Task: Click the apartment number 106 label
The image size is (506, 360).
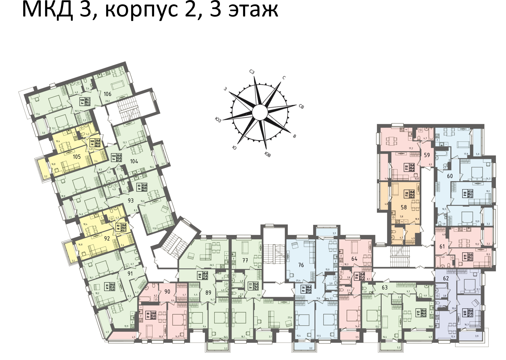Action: point(108,94)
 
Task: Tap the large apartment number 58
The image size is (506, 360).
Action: point(404,207)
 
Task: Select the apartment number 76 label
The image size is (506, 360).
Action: point(301,265)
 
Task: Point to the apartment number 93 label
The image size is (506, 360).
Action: point(131,201)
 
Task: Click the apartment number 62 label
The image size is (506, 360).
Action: point(446,278)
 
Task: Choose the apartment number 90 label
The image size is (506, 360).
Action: point(167,292)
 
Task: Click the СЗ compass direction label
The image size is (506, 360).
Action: point(252,72)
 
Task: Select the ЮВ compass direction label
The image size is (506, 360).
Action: point(267,155)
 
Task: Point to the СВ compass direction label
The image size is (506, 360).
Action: point(301,107)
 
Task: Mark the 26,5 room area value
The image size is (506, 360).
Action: point(212,265)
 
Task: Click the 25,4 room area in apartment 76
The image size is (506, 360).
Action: point(298,280)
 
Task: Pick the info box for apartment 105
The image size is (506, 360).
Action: point(95,143)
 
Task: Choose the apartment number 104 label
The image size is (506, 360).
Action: point(134,161)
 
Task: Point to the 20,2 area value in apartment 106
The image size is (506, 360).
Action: point(108,101)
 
